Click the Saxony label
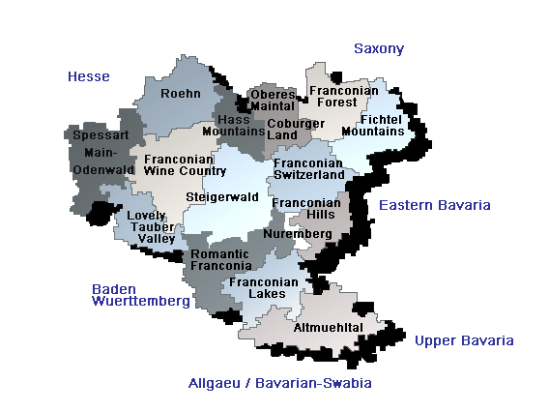click(x=378, y=48)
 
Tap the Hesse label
click(x=89, y=76)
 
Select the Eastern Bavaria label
click(x=434, y=205)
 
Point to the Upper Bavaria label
click(x=464, y=340)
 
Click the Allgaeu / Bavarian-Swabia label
click(x=279, y=383)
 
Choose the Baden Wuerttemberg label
click(x=140, y=295)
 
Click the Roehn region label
click(x=181, y=94)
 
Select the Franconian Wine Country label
click(x=185, y=164)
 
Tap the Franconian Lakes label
click(x=259, y=287)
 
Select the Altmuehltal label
click(x=329, y=328)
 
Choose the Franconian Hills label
click(x=304, y=209)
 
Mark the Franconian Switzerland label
click(x=308, y=169)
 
